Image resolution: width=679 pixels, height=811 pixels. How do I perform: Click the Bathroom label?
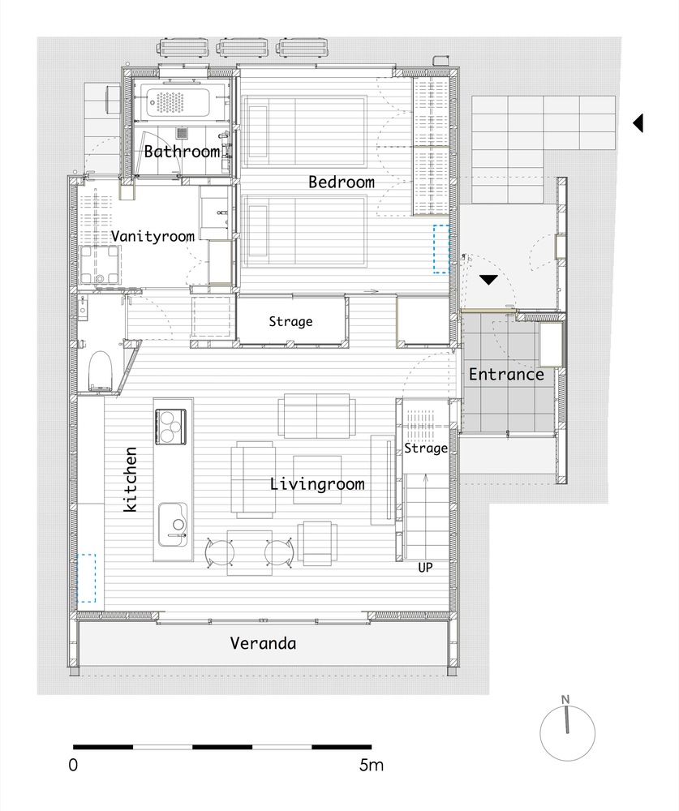coord(182,152)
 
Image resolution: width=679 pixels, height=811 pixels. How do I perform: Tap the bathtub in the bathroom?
coord(178,102)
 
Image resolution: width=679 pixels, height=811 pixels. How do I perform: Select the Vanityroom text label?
coord(153,236)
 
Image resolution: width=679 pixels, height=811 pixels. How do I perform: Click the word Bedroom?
coord(342,182)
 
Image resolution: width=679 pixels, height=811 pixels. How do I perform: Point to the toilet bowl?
coord(100,371)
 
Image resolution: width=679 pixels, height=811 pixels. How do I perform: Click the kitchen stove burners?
coord(171,427)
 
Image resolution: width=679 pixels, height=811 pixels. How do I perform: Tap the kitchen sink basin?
coord(173,524)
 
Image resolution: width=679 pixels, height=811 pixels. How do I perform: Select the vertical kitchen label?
coord(131,479)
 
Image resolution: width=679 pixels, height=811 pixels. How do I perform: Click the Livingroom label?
coord(317,484)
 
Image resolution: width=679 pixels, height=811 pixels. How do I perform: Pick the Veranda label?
coord(263,643)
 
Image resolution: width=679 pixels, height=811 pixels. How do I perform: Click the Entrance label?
coord(506,375)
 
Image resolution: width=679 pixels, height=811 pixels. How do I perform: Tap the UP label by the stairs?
coord(425,568)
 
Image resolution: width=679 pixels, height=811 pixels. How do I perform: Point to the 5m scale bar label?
coord(371,765)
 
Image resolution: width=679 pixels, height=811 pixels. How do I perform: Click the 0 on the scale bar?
coord(73,765)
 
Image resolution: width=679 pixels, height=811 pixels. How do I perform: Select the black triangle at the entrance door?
coord(488,280)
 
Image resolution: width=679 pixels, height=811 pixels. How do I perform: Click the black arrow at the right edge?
coord(638,123)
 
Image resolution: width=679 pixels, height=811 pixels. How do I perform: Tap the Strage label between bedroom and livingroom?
coord(290,322)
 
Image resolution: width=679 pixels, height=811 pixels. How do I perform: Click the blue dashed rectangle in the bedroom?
coord(441,249)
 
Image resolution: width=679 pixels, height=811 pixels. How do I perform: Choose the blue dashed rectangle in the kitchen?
coord(87,578)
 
